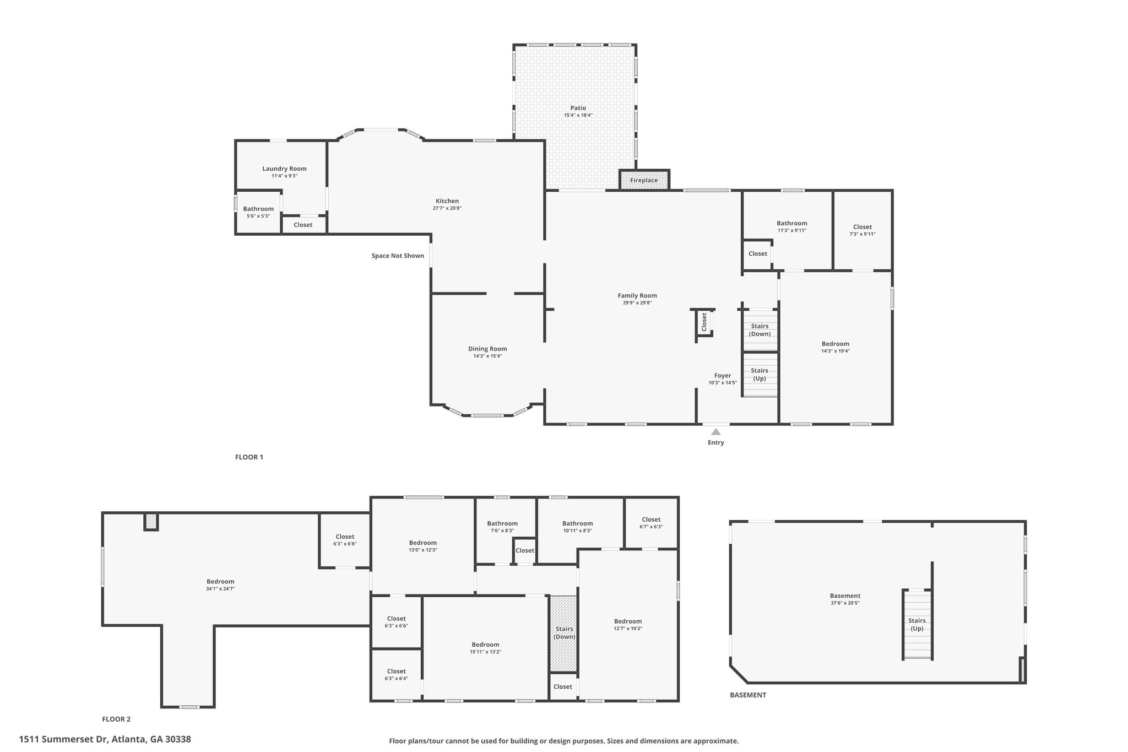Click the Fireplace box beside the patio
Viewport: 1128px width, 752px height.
(644, 180)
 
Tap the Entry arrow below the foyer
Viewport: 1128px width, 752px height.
(716, 432)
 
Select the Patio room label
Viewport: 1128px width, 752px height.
(578, 108)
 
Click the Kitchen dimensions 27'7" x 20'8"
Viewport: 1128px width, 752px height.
(447, 208)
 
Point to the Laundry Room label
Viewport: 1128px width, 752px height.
(284, 169)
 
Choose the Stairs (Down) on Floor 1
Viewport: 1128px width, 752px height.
(760, 330)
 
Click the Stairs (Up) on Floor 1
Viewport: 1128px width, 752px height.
(760, 375)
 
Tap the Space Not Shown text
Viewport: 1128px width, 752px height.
(398, 256)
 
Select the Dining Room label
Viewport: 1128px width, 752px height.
(487, 349)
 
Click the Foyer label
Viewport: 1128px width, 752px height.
(723, 376)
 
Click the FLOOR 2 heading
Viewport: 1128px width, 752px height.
(116, 719)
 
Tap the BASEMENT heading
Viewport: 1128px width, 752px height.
(748, 695)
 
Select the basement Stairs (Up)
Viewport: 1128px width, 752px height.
(917, 624)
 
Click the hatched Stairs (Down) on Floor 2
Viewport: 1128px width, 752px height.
(564, 633)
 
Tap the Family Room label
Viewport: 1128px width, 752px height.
(637, 295)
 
